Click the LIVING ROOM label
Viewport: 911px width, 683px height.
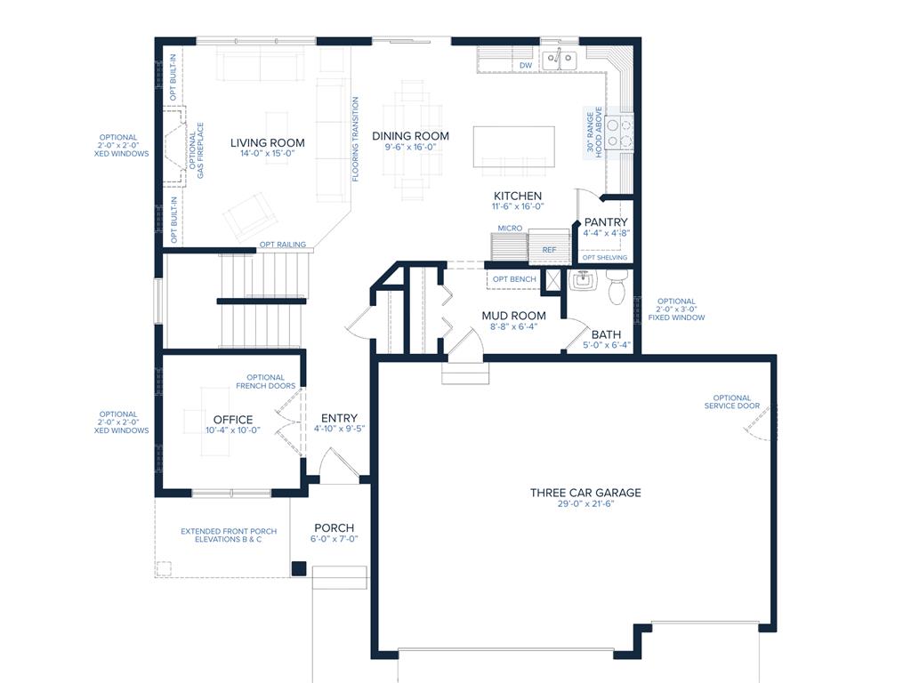point(267,143)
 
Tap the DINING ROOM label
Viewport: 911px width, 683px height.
point(410,136)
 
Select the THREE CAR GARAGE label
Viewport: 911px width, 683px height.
point(585,493)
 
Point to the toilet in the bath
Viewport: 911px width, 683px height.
point(616,285)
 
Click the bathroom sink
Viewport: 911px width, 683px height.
point(582,281)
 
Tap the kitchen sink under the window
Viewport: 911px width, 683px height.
point(559,59)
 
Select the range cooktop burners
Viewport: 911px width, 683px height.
point(618,133)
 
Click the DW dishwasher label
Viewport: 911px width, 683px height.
point(526,66)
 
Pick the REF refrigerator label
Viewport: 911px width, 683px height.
point(549,250)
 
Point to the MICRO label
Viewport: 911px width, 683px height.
point(510,229)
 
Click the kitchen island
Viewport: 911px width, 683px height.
point(513,147)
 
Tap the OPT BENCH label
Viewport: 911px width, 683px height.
point(514,278)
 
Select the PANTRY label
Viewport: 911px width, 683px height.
point(606,221)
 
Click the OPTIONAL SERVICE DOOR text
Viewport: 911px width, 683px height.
point(732,402)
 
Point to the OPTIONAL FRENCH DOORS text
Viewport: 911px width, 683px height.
point(265,382)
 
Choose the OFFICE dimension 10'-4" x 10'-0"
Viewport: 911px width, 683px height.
point(233,430)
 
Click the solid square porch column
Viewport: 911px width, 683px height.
point(299,568)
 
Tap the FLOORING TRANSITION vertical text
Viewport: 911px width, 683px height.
point(355,139)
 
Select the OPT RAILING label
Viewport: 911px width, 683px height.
point(282,245)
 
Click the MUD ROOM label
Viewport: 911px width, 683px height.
point(513,316)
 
